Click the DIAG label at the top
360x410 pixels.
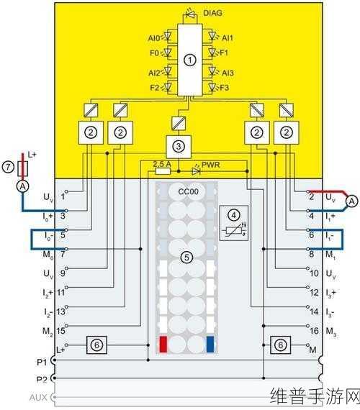click(212, 12)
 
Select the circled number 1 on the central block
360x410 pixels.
click(190, 60)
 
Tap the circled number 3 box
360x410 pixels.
click(179, 147)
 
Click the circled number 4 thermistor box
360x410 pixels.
click(234, 223)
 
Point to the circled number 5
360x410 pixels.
click(186, 258)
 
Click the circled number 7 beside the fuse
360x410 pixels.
click(8, 167)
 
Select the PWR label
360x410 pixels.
click(210, 165)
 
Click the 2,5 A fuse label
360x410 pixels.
click(162, 164)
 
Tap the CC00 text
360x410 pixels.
click(188, 191)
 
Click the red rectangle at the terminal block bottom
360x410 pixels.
click(163, 344)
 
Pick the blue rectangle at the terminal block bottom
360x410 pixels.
click(210, 344)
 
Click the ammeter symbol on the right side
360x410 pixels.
click(351, 201)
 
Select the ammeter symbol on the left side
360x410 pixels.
click(23, 186)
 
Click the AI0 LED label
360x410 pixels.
click(153, 38)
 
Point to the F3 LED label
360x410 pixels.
click(225, 88)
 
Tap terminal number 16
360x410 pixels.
click(314, 331)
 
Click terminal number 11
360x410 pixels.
click(60, 292)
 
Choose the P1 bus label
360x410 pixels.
click(42, 362)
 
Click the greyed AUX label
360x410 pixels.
click(38, 398)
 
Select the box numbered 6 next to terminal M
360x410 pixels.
click(280, 345)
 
